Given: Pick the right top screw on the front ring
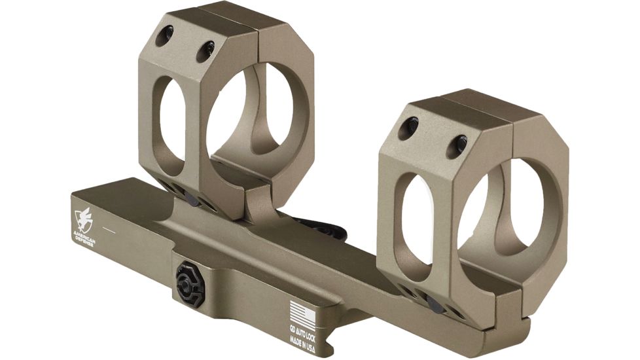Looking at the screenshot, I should (461, 141).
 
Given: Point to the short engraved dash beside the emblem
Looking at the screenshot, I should (110, 231).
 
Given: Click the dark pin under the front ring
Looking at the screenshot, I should (431, 301).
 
